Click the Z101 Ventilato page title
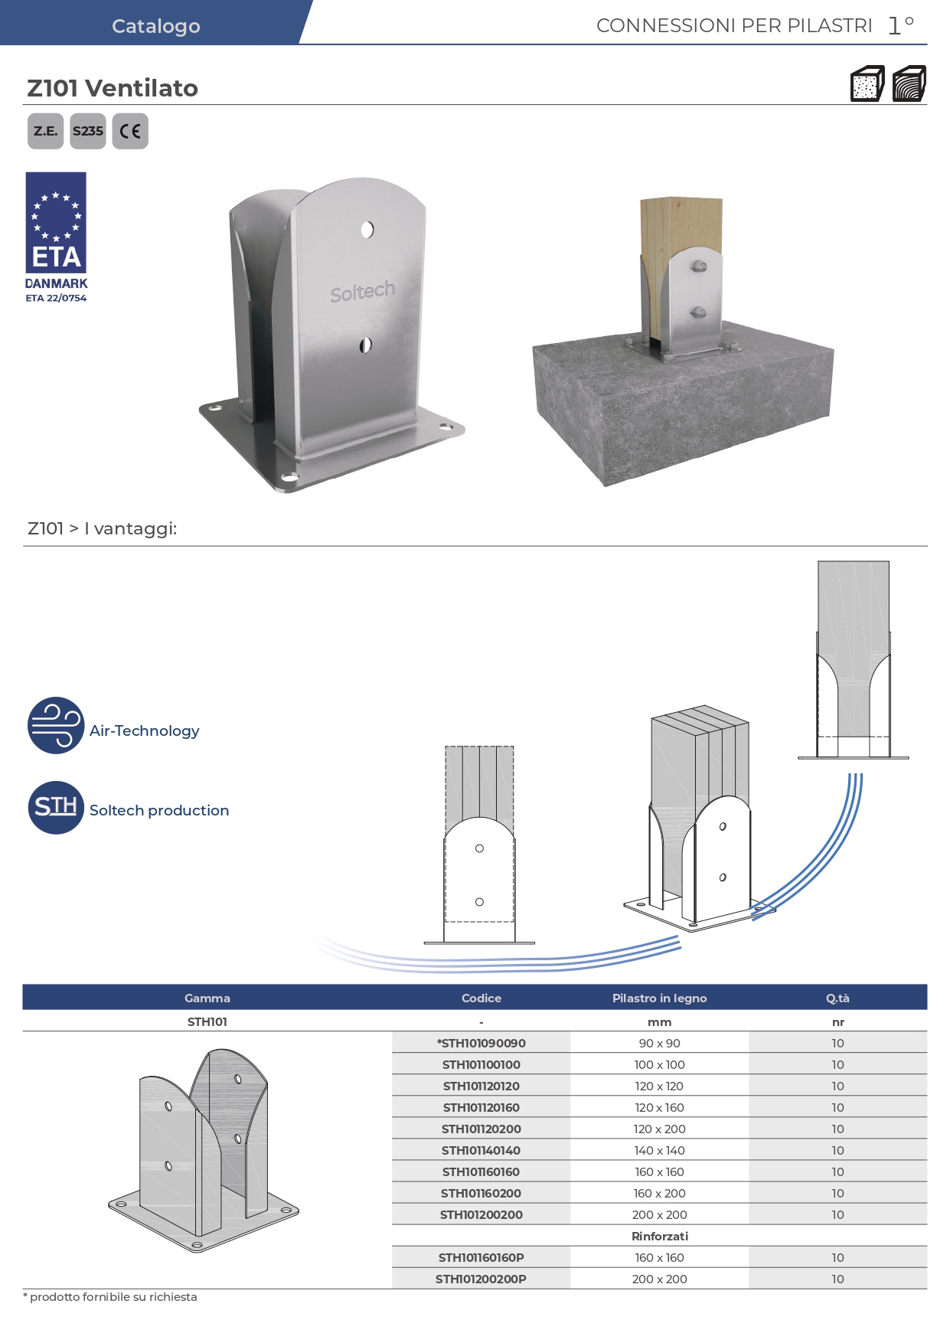click(113, 88)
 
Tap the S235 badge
click(88, 131)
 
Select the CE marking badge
click(130, 131)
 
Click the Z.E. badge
click(45, 131)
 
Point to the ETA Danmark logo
click(56, 237)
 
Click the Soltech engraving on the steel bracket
click(363, 291)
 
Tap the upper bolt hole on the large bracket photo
click(367, 229)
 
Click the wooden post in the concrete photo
click(681, 230)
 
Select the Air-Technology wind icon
click(56, 725)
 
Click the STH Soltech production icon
click(56, 808)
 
